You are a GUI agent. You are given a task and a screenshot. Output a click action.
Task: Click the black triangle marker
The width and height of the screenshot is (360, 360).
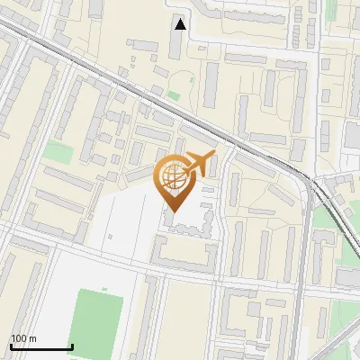(181, 24)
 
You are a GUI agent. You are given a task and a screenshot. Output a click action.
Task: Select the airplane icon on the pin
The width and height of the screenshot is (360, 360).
(197, 165)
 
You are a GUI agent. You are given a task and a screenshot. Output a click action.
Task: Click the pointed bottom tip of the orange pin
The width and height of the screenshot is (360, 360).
(173, 212)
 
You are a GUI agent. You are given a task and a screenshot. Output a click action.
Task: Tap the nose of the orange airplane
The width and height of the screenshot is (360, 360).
(213, 156)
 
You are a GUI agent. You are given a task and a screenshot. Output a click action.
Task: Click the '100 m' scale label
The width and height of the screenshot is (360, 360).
(24, 338)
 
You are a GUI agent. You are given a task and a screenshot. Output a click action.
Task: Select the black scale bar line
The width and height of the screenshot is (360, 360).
(41, 347)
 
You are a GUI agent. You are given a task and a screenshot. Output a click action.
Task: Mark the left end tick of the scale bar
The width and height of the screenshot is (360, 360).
(11, 346)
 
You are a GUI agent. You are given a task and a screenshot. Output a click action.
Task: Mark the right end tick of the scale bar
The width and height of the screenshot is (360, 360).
(72, 346)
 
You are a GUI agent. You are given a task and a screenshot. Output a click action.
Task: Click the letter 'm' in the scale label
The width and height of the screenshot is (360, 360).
(33, 338)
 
